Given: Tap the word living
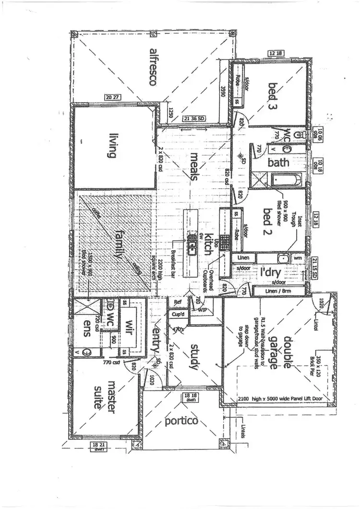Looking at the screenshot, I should tap(113, 146).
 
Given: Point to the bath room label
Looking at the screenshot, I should tap(278, 162).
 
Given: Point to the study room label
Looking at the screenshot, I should tap(194, 357).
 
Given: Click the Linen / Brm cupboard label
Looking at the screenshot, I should tap(278, 291).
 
